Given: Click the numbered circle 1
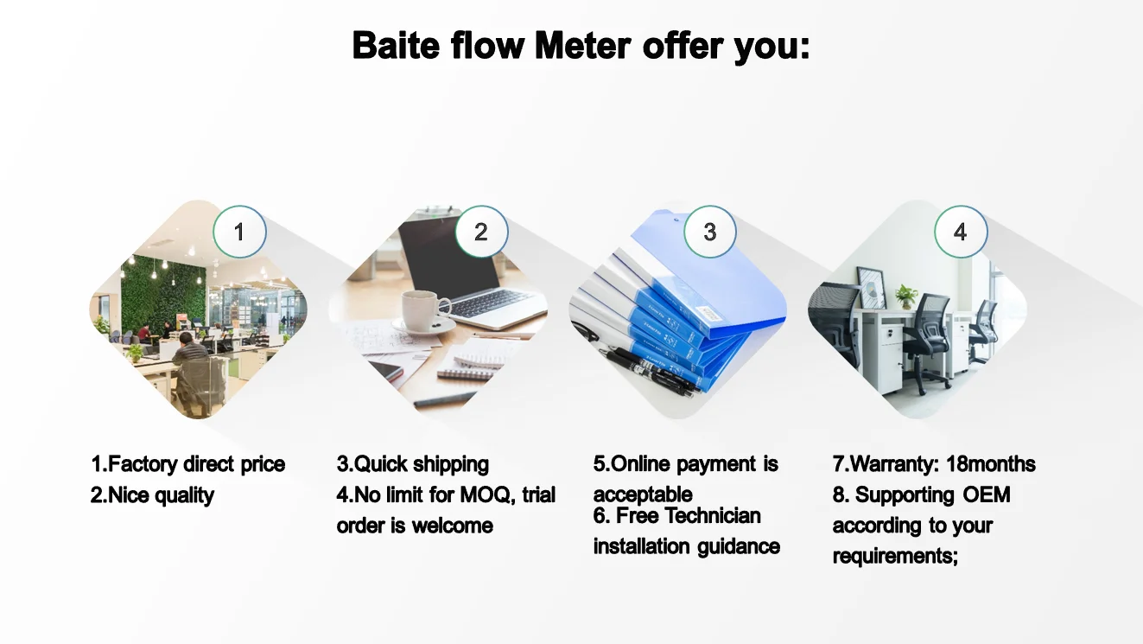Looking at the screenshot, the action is [239, 232].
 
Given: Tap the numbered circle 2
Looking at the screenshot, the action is [480, 232].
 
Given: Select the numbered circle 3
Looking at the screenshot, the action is [709, 232].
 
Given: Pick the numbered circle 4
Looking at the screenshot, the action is [960, 232].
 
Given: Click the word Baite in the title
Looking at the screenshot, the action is [397, 45].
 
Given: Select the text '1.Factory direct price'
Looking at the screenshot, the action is [187, 464].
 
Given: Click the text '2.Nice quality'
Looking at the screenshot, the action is [152, 495].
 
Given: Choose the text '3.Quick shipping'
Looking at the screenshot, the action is [412, 464].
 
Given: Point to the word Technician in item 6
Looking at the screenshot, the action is [713, 516].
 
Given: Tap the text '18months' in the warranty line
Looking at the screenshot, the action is [990, 464].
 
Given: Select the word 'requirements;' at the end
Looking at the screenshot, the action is [895, 556].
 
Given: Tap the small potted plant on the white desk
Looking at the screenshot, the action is [905, 296].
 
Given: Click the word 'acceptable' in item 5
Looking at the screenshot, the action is [642, 495].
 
